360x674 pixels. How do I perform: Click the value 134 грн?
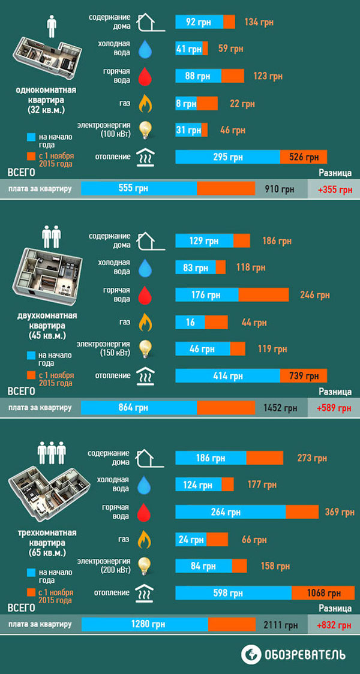259,23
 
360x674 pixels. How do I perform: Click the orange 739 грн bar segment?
304,376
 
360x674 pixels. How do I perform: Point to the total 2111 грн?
280,625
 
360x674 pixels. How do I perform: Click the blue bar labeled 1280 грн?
145,624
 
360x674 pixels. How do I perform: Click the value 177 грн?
262,485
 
